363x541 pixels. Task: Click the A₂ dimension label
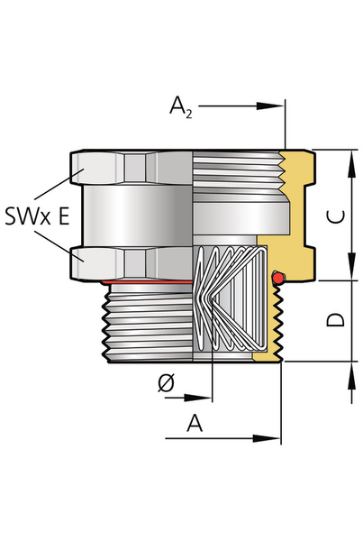point(181,107)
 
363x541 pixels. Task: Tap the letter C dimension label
point(335,216)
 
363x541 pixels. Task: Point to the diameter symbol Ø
point(167,382)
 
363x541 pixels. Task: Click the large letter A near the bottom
point(195,423)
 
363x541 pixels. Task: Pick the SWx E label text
point(37,216)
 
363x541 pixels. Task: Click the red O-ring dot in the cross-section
point(278,278)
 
